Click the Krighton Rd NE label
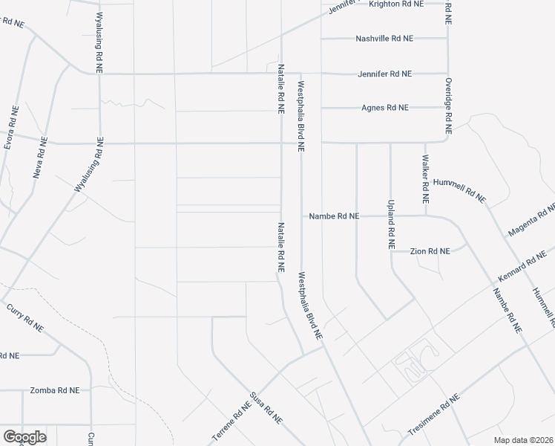coord(396,4)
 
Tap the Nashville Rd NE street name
coord(384,39)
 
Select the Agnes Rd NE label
coord(384,108)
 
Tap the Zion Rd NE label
coord(430,252)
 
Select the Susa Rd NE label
coord(266,408)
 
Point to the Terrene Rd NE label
coord(232,421)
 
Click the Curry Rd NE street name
coord(26,317)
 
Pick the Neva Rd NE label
coord(40,158)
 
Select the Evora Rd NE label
coord(10,128)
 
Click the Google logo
coord(24,437)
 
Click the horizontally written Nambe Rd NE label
coord(334,216)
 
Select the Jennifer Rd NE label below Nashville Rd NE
coord(384,74)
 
